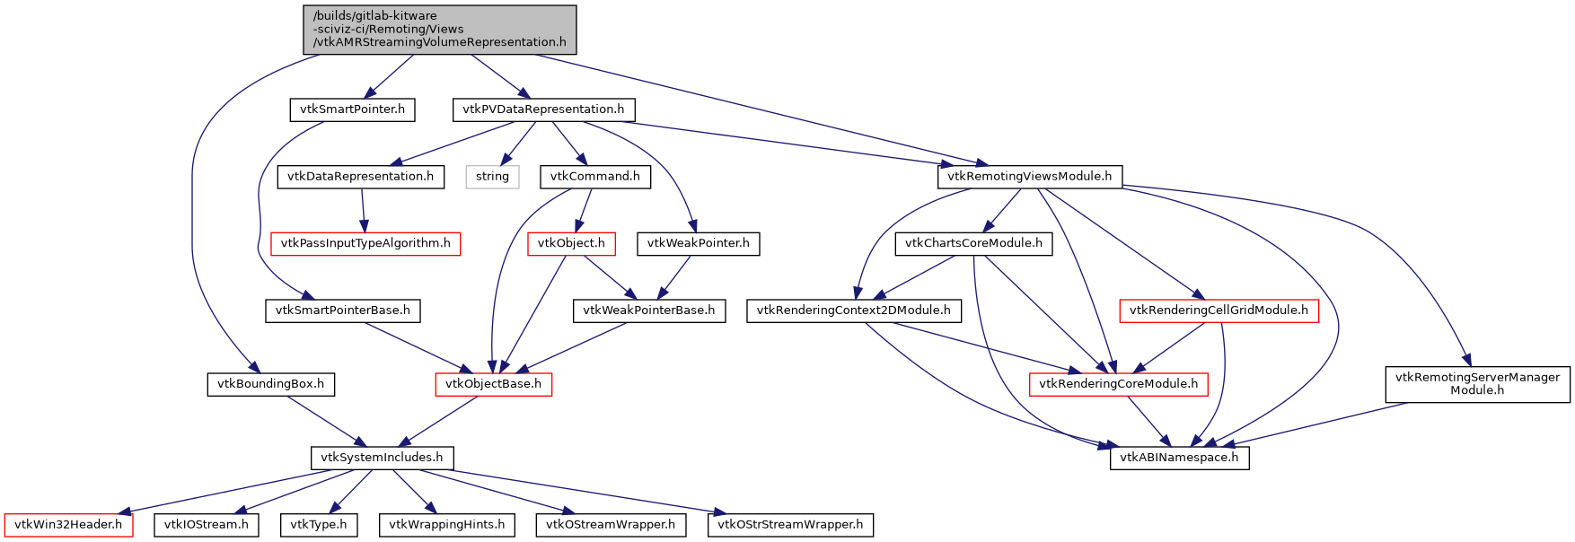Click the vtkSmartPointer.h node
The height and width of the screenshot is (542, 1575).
point(352,109)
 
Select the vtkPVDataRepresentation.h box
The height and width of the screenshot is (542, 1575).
point(543,109)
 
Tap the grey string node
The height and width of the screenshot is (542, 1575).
point(492,177)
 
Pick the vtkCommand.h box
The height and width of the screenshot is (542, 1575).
point(594,177)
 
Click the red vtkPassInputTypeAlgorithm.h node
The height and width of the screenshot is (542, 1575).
point(365,243)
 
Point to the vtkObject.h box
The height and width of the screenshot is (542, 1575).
point(571,243)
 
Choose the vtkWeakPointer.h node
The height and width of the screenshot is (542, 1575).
point(698,243)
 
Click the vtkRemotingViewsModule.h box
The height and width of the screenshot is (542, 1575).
point(1030,177)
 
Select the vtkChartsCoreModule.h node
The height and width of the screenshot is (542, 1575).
point(973,243)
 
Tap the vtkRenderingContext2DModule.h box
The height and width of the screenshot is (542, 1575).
point(853,310)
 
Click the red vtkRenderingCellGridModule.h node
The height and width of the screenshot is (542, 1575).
point(1219,310)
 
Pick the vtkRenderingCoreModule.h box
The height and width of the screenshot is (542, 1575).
point(1118,384)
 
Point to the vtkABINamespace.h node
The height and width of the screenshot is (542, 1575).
point(1179,458)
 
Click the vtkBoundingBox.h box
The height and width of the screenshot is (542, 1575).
point(270,384)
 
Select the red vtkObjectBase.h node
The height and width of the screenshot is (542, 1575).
point(493,384)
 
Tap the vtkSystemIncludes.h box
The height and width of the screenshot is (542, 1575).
point(382,458)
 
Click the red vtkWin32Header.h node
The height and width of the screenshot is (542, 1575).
point(68,525)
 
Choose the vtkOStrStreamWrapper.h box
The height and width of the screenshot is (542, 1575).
point(790,525)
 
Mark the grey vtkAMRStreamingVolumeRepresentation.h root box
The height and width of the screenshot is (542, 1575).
point(439,29)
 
